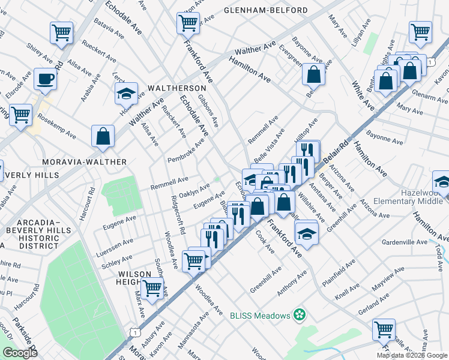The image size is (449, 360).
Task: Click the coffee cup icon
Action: (x=45, y=79)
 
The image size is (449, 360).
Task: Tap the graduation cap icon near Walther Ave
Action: (x=127, y=94)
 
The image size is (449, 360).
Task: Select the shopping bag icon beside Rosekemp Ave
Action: (x=103, y=136)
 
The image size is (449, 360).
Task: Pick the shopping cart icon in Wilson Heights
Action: (x=152, y=287)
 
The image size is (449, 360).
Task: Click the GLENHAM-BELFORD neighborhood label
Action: (x=265, y=10)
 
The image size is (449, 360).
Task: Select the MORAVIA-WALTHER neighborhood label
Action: (x=84, y=162)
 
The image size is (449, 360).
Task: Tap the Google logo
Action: (x=20, y=353)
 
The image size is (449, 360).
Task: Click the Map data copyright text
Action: (x=412, y=355)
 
